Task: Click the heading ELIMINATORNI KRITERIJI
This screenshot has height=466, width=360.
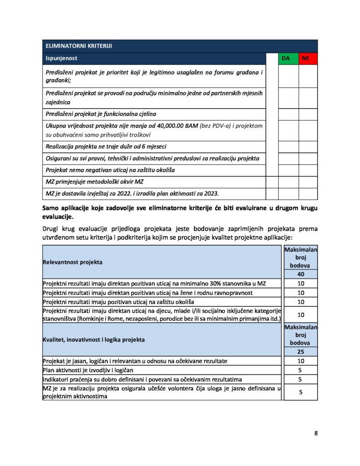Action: point(78,46)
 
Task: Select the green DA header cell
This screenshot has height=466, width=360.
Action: point(286,58)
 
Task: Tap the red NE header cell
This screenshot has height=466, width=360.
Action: point(308,58)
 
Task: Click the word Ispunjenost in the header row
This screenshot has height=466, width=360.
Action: point(61,58)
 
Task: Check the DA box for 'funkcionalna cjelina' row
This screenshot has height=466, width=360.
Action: point(288,114)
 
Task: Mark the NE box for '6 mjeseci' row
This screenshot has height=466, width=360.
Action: point(308,147)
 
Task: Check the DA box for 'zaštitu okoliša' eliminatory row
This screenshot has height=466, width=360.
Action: point(288,170)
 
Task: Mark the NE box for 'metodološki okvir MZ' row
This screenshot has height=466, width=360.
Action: point(308,182)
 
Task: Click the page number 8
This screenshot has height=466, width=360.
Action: point(316,433)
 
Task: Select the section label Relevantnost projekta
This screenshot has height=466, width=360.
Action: point(72,262)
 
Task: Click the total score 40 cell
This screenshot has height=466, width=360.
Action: point(300,274)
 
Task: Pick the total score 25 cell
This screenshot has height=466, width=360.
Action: point(300,351)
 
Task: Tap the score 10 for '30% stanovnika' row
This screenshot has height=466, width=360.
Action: point(300,284)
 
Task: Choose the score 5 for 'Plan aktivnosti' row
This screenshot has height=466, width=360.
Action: point(300,370)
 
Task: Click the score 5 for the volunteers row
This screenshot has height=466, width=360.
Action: point(300,391)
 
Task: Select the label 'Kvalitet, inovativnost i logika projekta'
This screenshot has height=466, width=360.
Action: point(94,339)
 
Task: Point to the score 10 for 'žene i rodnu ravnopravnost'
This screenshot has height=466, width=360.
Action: point(300,293)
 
